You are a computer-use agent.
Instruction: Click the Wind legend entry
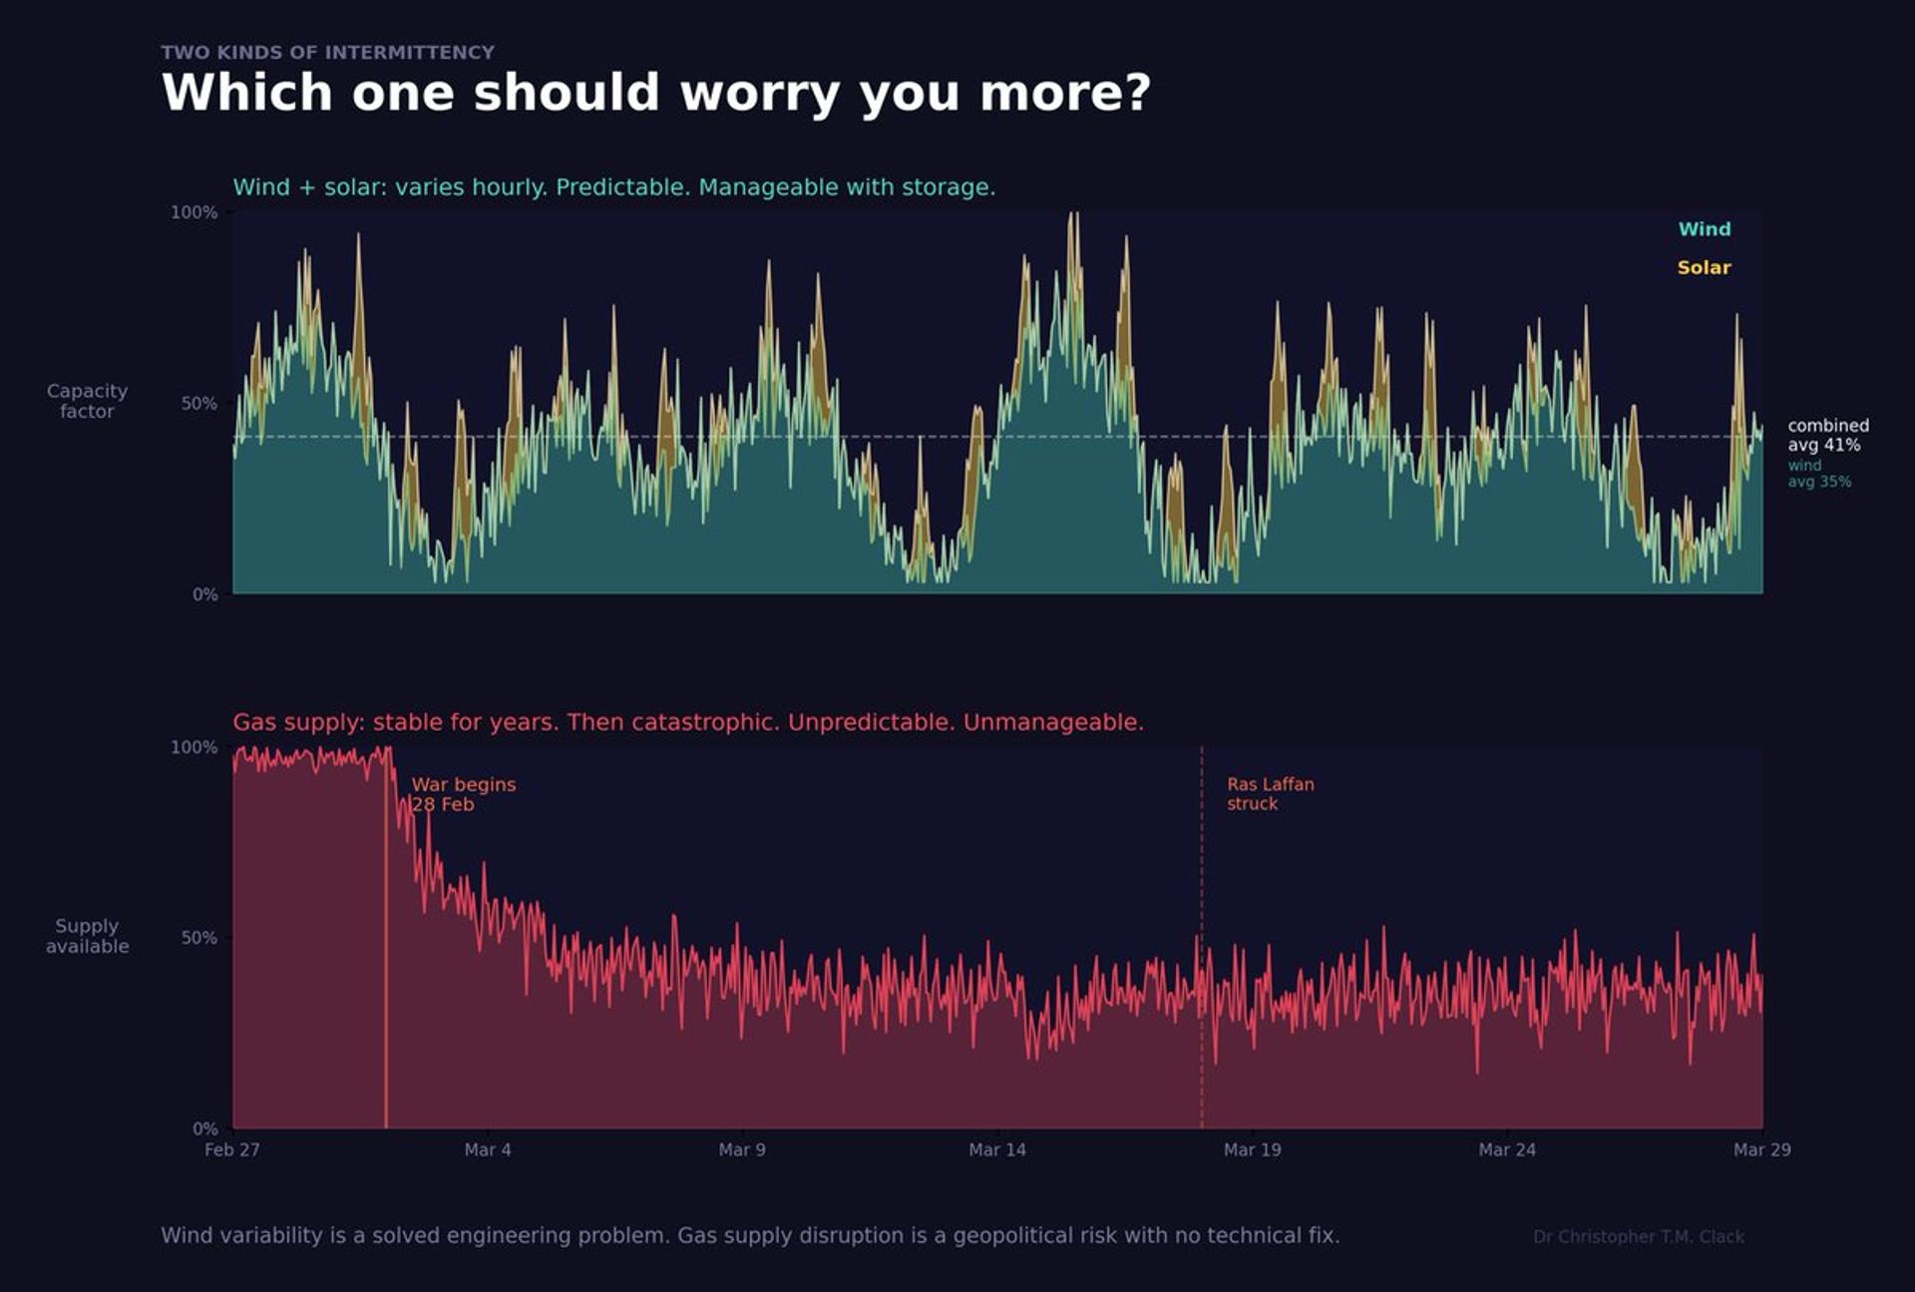tap(1704, 229)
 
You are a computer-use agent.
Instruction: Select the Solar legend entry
tap(1704, 267)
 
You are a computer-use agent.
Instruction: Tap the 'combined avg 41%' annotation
tap(1827, 435)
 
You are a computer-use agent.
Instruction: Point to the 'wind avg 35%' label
tap(1818, 474)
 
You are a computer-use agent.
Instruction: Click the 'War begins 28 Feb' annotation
tap(464, 795)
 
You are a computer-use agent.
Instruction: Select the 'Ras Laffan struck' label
tap(1270, 794)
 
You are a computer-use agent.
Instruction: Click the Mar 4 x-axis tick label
tap(488, 1149)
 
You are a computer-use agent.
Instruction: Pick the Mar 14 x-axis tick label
tap(997, 1149)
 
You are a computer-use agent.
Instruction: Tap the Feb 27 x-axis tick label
tap(232, 1149)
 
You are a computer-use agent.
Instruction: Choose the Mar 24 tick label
tap(1507, 1149)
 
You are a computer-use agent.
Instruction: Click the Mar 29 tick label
tap(1761, 1149)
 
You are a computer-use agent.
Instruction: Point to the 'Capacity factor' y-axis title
tap(87, 401)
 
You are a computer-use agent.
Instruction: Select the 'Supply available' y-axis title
tap(87, 936)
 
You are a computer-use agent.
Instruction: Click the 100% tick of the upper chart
tap(193, 212)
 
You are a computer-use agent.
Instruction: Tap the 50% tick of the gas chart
tap(198, 938)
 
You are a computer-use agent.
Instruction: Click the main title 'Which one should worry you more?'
tap(655, 93)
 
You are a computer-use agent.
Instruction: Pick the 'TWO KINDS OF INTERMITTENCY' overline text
tap(327, 52)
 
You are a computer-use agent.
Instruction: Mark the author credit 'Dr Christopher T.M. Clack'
tap(1638, 1236)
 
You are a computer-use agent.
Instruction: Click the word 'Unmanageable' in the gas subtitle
tap(1052, 722)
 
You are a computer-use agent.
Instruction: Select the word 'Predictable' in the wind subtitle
tap(621, 187)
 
